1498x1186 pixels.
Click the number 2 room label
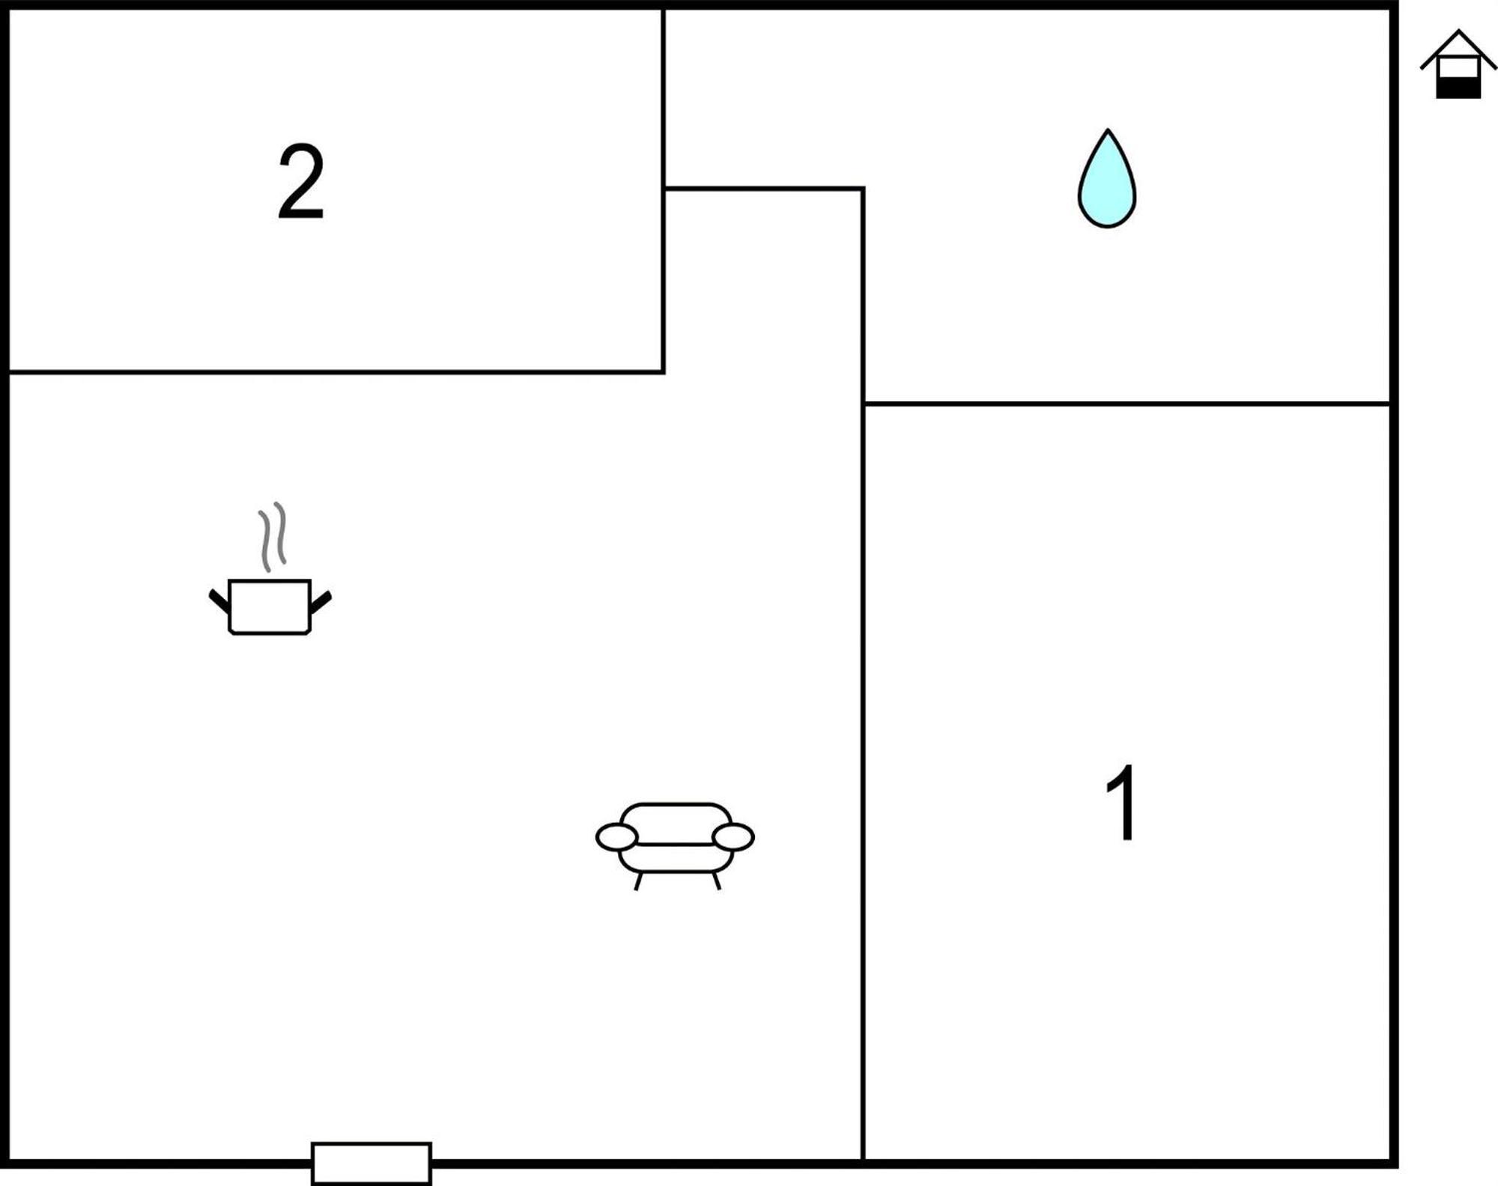(300, 181)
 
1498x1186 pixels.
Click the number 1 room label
(1121, 803)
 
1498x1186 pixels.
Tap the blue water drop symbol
(1107, 180)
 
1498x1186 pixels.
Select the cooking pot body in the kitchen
(270, 606)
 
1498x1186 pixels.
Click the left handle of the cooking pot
(219, 600)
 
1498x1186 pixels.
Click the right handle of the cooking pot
(321, 601)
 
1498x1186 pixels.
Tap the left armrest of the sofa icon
(616, 837)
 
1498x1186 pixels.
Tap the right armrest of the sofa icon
(733, 837)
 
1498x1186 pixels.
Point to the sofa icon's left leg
(638, 881)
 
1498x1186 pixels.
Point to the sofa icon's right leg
(717, 881)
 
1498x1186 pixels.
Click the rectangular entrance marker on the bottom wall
(372, 1164)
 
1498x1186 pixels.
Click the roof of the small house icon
(1458, 48)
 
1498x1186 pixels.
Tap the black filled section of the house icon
(1458, 88)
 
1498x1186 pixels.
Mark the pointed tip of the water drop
(1108, 130)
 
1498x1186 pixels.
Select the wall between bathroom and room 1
(1127, 404)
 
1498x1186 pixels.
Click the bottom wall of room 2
(336, 371)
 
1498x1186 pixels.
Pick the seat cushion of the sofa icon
(676, 857)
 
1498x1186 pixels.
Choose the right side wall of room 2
(664, 190)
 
